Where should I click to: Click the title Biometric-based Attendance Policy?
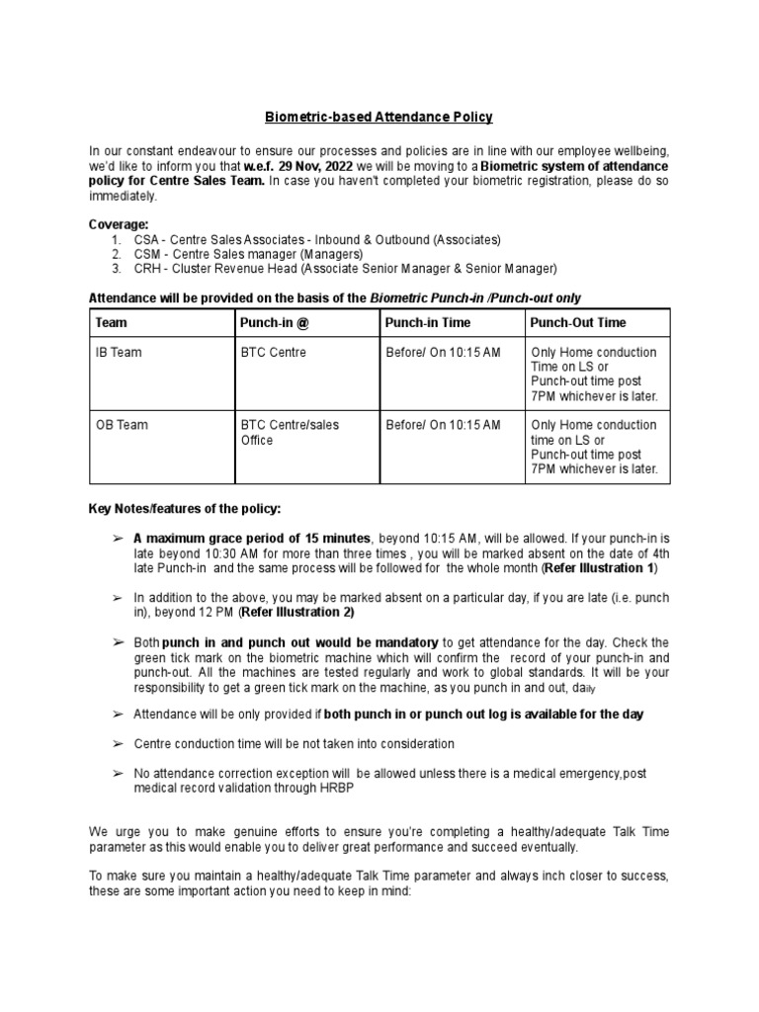coord(379,117)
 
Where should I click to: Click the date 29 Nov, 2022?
coord(304,165)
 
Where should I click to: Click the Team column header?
coord(111,322)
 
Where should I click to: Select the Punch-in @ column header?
coord(272,322)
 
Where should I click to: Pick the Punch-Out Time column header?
coord(578,322)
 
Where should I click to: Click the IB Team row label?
coord(119,353)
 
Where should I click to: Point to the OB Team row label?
coord(121,425)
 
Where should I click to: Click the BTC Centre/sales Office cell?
coord(290,432)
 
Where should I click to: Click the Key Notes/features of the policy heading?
coord(185,508)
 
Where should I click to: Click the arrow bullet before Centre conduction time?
coord(117,743)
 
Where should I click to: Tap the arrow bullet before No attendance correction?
coord(117,774)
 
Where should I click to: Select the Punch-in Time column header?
coord(428,322)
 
